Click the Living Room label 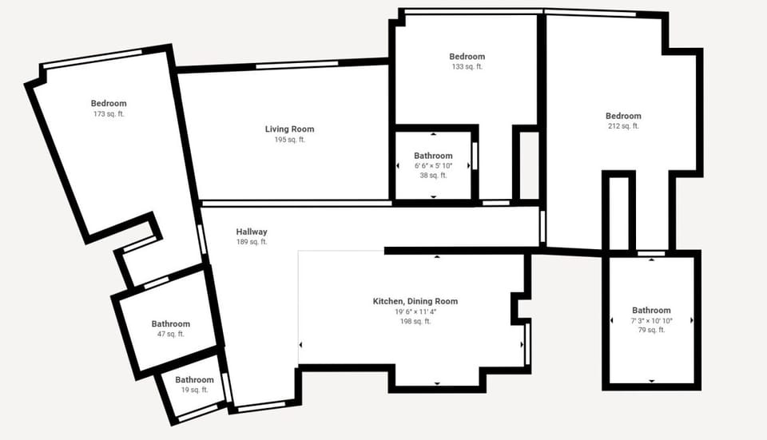[x=289, y=129]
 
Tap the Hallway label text [x=252, y=232]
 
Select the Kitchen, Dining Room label [x=415, y=301]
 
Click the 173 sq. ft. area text [x=109, y=114]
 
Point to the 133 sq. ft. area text [x=467, y=67]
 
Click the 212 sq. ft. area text [x=623, y=126]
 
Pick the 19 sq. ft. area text [x=194, y=390]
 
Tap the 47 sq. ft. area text [x=170, y=334]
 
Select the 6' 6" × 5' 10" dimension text [x=433, y=165]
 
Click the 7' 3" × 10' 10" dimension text [x=651, y=320]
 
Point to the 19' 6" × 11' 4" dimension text [x=415, y=311]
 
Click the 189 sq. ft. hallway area [x=252, y=242]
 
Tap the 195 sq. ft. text [x=289, y=140]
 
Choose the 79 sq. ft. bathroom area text [x=651, y=330]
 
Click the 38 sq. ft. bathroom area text [x=433, y=175]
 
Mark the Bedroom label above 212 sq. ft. [x=623, y=116]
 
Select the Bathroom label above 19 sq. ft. [x=194, y=380]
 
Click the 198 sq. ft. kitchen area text [x=415, y=321]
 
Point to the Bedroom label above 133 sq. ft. [x=467, y=57]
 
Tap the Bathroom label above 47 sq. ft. [x=171, y=323]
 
